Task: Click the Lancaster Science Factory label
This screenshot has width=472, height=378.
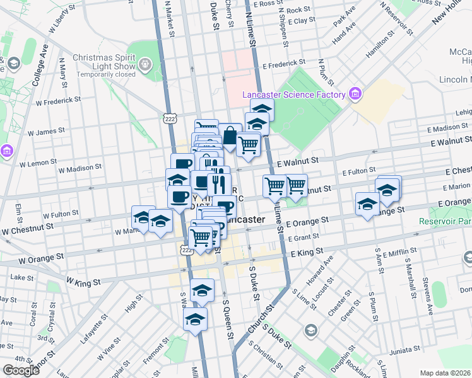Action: (x=294, y=95)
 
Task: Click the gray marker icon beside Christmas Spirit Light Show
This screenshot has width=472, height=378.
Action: (x=146, y=64)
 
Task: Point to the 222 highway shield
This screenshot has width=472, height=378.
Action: (x=169, y=118)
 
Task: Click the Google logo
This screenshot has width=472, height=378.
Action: (x=20, y=370)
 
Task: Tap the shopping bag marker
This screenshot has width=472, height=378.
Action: (x=230, y=135)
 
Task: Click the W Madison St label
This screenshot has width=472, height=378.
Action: (x=80, y=169)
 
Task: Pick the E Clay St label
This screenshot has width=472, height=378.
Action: (x=301, y=21)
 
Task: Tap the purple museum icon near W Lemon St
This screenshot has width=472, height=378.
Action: (x=6, y=151)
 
